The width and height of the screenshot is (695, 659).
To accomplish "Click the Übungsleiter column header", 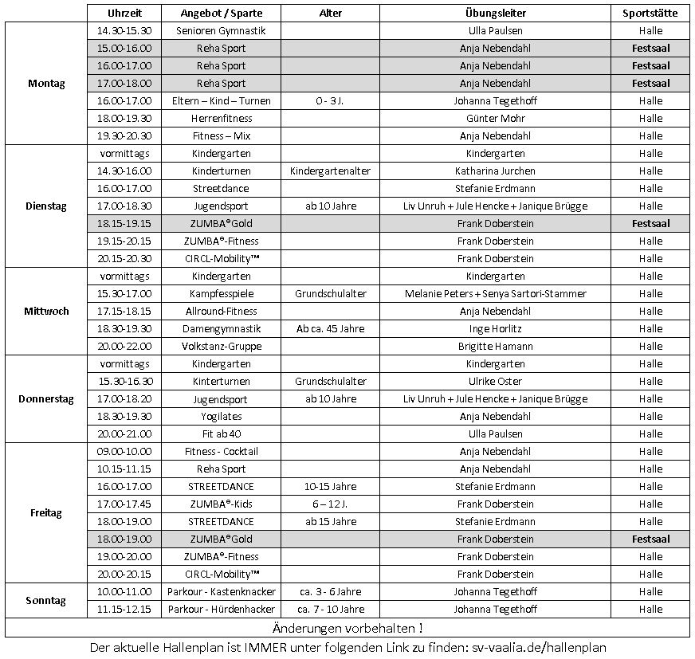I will point(495,14).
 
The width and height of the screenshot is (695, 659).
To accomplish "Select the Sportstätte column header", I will point(650,14).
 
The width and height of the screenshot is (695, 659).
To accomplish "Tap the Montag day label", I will point(46,84).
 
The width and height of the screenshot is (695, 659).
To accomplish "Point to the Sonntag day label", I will point(46,601).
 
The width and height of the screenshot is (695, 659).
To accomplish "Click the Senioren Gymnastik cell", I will point(221,31).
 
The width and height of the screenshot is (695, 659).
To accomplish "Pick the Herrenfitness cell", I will point(221,119).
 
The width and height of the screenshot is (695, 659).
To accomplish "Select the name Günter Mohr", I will point(495,119).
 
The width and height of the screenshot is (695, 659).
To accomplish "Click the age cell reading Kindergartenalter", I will point(330,171).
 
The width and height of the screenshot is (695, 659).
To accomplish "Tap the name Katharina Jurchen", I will point(495,171).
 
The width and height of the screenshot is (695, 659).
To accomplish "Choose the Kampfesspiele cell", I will point(221,294).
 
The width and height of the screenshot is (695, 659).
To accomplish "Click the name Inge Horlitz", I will point(495,329).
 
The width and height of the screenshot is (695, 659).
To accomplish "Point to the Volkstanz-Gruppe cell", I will point(221,347).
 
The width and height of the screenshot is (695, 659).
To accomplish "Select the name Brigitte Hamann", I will point(495,347).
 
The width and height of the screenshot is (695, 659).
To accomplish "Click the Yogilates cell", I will point(221,417).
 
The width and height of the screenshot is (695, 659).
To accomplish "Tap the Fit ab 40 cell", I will point(221,434).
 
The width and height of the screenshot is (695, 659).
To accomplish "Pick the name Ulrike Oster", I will point(495,382).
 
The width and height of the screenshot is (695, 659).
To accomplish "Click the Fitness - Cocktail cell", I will point(221,452).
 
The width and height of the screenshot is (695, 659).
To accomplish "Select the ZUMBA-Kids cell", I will point(221,504).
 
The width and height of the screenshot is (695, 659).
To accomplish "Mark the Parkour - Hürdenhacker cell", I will point(221,610).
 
